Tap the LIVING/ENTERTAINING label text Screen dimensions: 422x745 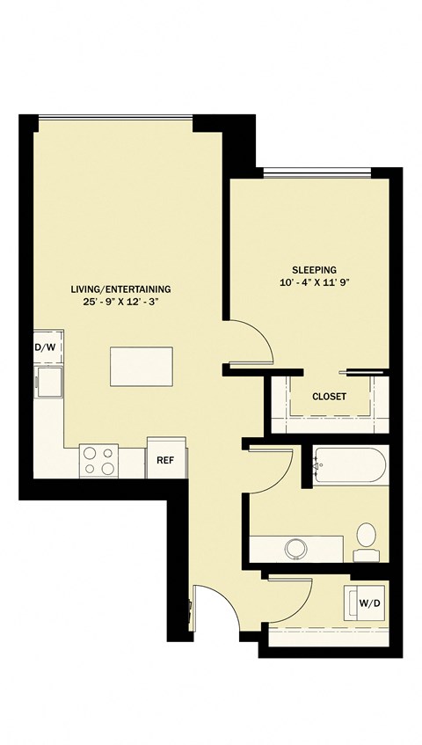pos(120,289)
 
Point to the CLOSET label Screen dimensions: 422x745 pos(330,397)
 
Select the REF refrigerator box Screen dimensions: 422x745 pos(165,457)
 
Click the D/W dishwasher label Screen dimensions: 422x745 pos(46,347)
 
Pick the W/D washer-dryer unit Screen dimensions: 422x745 pos(365,603)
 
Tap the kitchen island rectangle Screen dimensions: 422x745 pos(142,366)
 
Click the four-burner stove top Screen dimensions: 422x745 pos(98,461)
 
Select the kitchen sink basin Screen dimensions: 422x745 pos(50,381)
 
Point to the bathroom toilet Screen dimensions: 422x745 pos(366,542)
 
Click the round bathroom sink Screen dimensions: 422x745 pos(295,549)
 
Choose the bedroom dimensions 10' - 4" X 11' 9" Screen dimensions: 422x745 pos(314,282)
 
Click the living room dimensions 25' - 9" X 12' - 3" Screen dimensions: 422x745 pos(120,302)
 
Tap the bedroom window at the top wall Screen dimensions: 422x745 pos(317,170)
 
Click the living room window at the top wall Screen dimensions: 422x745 pos(115,116)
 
